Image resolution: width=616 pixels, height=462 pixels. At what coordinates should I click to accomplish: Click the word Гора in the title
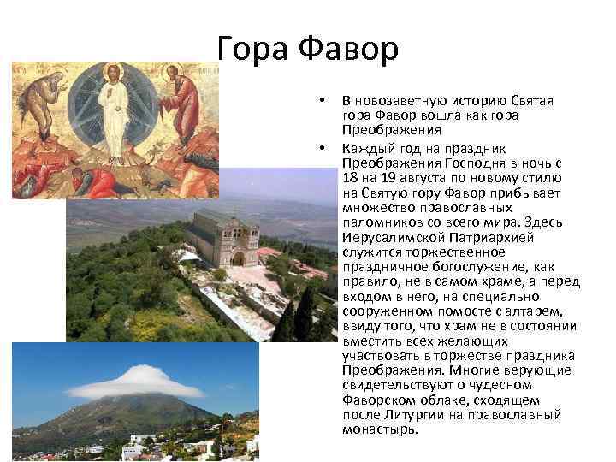click(x=254, y=49)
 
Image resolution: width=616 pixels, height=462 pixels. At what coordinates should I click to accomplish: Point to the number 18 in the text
click(x=350, y=175)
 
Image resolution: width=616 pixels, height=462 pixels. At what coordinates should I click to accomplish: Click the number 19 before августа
click(x=392, y=175)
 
